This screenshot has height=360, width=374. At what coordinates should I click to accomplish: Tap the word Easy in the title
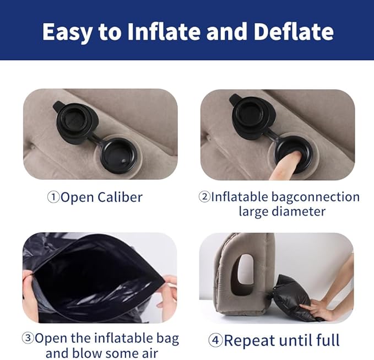point(67,31)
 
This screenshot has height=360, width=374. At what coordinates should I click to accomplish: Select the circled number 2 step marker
point(204,197)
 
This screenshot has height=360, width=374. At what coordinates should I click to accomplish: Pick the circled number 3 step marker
point(28,338)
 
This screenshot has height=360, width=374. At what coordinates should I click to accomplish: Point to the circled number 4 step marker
point(215,340)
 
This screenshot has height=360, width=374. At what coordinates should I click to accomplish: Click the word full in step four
point(327,340)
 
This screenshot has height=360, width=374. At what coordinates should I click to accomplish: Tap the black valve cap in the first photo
point(73,117)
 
